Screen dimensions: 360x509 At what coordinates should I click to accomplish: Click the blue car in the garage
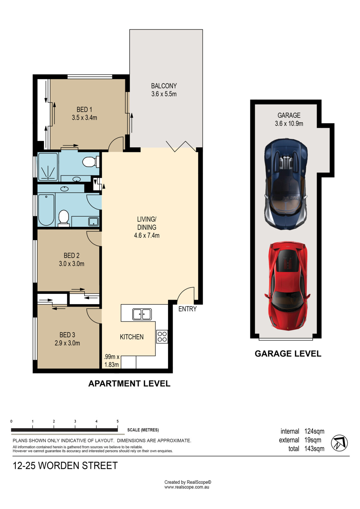coord(286,184)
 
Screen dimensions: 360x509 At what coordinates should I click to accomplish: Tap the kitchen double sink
coord(142,314)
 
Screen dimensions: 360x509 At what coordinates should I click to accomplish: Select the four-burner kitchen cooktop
coord(162,337)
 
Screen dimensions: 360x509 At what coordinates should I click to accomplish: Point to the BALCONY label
coord(164,86)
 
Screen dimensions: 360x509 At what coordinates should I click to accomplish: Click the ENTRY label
coord(187,309)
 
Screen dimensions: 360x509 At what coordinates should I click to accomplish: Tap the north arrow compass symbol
coord(339,443)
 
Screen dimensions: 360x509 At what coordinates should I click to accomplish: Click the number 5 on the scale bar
coord(118,421)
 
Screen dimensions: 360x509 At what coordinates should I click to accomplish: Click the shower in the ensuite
coord(48,167)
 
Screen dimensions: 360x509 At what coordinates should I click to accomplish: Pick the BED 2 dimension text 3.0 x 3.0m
coord(72,264)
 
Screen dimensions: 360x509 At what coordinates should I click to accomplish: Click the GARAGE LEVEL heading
coord(288,354)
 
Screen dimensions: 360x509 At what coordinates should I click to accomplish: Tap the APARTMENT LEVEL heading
coord(129,384)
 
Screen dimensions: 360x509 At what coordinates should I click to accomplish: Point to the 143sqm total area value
coord(314,449)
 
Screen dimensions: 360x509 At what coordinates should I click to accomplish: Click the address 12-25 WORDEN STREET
coord(65,466)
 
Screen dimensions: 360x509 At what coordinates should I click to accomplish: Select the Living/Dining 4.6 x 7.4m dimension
coord(147,235)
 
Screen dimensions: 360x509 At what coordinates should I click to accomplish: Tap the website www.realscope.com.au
coord(187,487)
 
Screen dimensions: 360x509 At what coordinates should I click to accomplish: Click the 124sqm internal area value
coord(314,431)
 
